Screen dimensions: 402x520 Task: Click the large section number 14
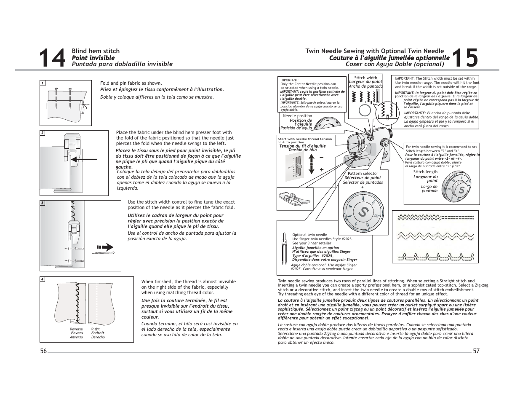click(53, 58)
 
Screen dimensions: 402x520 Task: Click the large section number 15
click(466, 58)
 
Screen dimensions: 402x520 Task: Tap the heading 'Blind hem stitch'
click(96, 51)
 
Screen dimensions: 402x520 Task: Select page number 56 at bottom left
click(44, 351)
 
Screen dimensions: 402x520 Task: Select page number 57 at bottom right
click(476, 351)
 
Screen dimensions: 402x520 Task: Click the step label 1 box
click(43, 83)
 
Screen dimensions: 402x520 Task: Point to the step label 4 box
click(43, 279)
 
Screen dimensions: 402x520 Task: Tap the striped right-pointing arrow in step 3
click(105, 247)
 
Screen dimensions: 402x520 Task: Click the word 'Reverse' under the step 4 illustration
click(76, 329)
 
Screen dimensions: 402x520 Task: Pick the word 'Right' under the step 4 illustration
click(96, 329)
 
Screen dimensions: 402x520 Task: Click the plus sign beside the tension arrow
click(322, 169)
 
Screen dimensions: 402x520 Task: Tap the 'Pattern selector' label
click(363, 174)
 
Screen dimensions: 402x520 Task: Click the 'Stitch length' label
click(425, 172)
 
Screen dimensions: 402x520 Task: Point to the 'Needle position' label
click(297, 116)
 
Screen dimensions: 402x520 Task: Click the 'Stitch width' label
click(365, 78)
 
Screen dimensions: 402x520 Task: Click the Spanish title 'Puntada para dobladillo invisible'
click(122, 64)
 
